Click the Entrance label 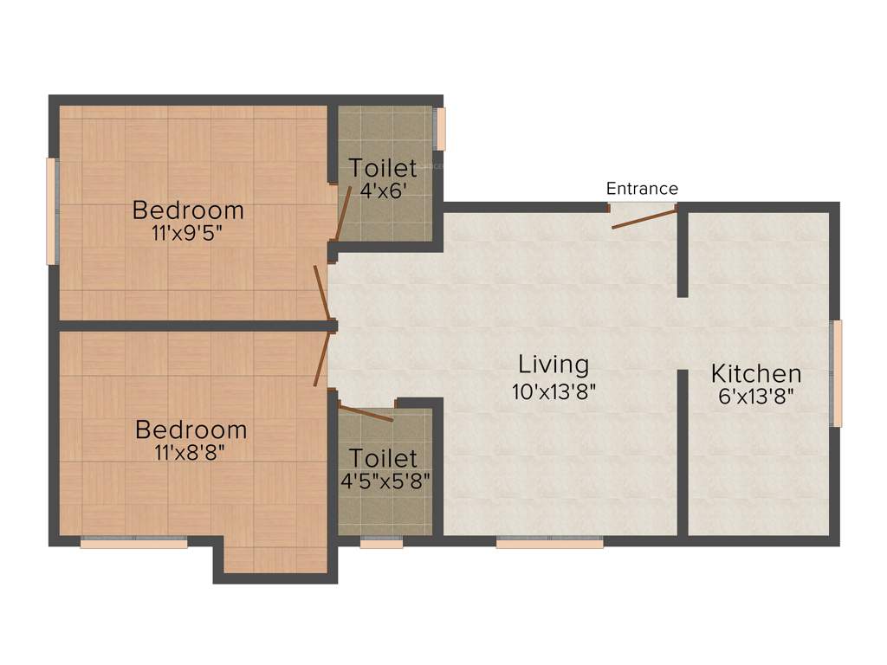[x=642, y=189]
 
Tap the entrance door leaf [x=643, y=218]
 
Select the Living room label [x=554, y=364]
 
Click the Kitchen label [x=756, y=374]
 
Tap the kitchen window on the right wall [x=837, y=373]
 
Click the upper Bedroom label [x=188, y=210]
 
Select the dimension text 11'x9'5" [x=188, y=232]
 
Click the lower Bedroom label [x=191, y=429]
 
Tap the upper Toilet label [x=383, y=168]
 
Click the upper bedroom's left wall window [x=52, y=210]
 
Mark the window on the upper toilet [x=441, y=128]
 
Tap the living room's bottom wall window [x=549, y=543]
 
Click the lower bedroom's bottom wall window [x=134, y=543]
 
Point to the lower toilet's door [x=365, y=412]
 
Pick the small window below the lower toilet [x=381, y=543]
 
